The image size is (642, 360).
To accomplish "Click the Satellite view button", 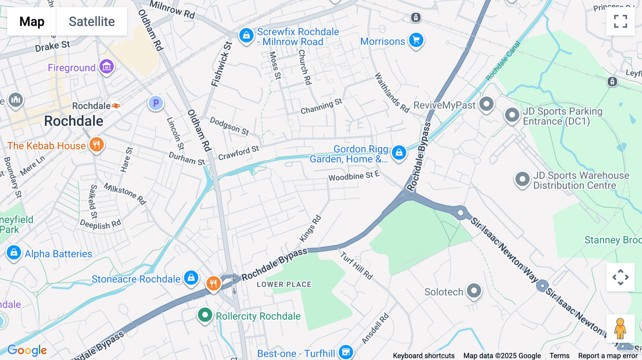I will point(92,21).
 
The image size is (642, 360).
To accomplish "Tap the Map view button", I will point(32,21).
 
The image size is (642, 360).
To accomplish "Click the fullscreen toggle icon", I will point(620,21).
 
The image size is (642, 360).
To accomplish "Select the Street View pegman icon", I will point(620,328).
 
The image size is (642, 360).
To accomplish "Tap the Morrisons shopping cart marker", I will point(416,40).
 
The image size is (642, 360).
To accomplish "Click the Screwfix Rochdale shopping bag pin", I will point(246,36).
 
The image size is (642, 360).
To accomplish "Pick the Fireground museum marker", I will point(107,67).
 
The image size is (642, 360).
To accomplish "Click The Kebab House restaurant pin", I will point(96,145).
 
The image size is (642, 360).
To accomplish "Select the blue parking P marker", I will point(156,103).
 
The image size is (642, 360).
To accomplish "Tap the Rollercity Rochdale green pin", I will point(205,315).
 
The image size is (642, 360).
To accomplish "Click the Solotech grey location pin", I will point(474,291).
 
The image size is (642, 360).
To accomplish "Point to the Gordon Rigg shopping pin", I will point(399,153).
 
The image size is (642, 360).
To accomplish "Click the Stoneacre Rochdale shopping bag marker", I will point(191,278).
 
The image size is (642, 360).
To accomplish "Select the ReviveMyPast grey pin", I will point(486,104).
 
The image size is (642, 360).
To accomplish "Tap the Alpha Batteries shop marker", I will point(14,253).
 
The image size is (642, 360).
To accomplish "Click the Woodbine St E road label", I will point(354,176).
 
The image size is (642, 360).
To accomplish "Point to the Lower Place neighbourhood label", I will point(284,284).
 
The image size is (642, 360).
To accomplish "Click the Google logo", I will point(27,350).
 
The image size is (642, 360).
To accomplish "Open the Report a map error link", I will point(608,356).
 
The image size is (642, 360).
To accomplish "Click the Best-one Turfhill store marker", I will point(346,352).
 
